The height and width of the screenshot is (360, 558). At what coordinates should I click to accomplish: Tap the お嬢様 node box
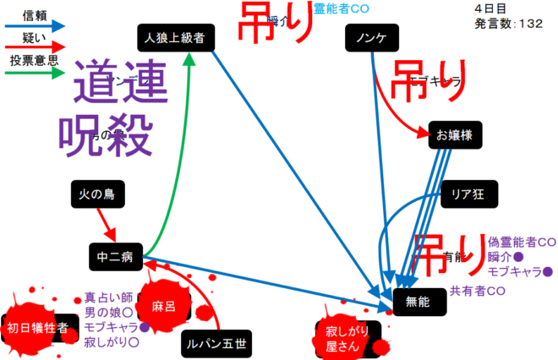(x=454, y=134)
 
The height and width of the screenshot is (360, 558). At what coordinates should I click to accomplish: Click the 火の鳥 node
(x=97, y=195)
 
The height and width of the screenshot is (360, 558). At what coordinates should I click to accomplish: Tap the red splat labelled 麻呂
(x=162, y=306)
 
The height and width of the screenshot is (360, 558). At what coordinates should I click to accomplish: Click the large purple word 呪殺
(x=106, y=131)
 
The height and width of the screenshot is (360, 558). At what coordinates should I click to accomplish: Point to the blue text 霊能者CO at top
(x=342, y=8)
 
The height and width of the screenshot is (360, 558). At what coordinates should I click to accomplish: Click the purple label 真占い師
(x=109, y=297)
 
